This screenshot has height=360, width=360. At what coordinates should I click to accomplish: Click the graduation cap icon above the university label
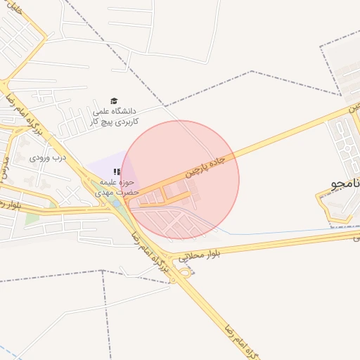(x=115, y=101)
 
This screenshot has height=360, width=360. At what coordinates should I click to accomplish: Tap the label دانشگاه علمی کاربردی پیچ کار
(x=115, y=116)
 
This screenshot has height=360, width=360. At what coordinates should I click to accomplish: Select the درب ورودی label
(x=48, y=158)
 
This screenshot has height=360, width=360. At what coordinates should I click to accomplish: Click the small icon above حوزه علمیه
(x=117, y=172)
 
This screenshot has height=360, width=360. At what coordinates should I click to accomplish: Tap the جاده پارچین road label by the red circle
(x=205, y=165)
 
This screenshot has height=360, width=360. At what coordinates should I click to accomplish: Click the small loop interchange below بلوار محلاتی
(x=184, y=271)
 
